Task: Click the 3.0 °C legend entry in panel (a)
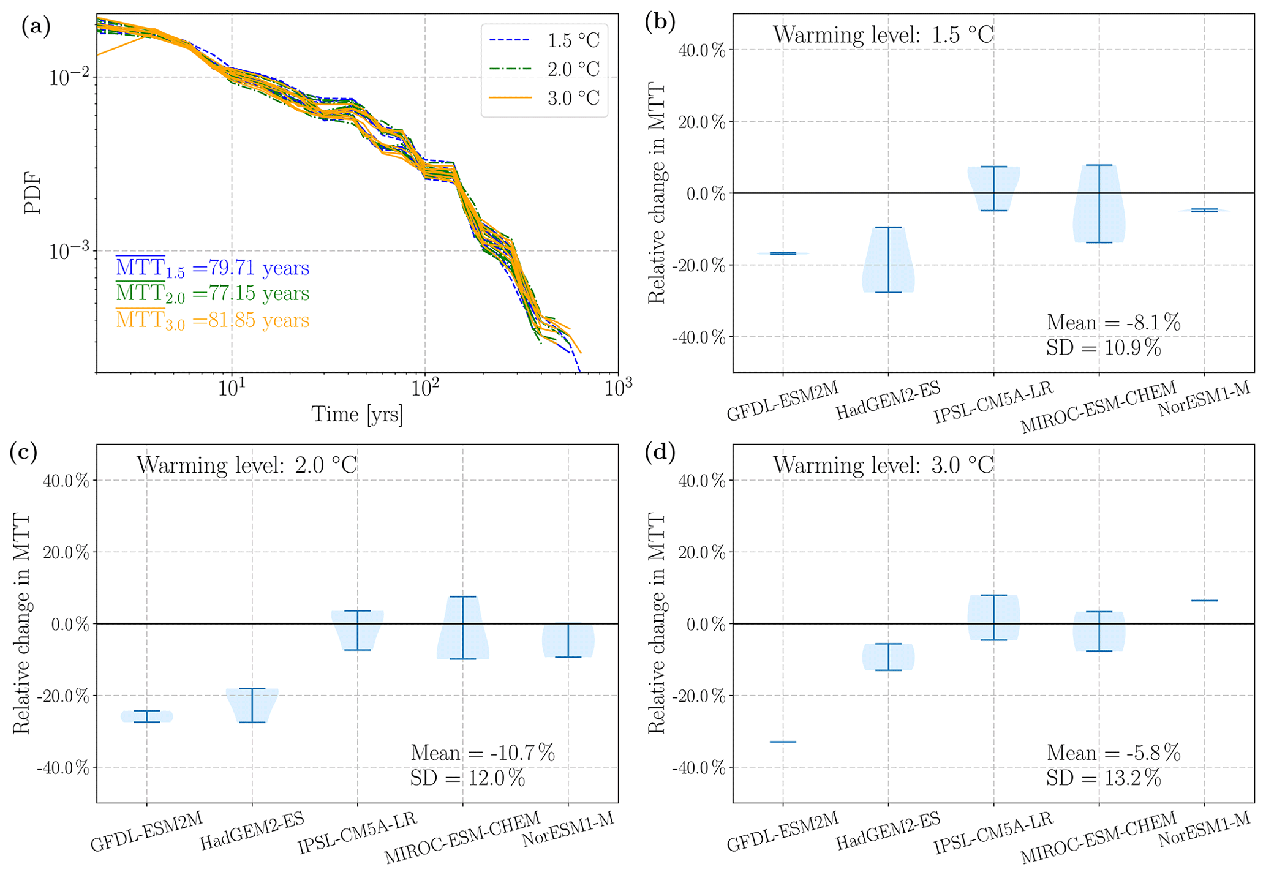tap(544, 98)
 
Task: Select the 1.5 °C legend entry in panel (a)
tap(544, 40)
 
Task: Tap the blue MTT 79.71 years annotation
tap(213, 268)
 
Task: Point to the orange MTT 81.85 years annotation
tap(213, 320)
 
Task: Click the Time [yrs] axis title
tap(357, 415)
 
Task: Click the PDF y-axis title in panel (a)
tap(32, 193)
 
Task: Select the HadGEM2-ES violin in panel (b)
tap(888, 260)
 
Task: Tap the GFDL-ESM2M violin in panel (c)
tap(146, 716)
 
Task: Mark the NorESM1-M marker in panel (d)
tap(1204, 601)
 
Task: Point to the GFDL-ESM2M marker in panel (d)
tap(782, 742)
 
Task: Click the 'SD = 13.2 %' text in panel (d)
tap(1103, 778)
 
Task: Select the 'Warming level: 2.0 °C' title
tap(247, 465)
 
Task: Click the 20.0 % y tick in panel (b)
tap(702, 122)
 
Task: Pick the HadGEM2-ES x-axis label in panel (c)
tap(252, 831)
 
